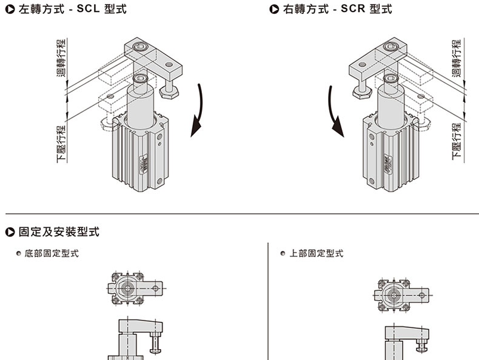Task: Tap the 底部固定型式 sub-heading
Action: coord(52,253)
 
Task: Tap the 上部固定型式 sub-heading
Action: coord(316,253)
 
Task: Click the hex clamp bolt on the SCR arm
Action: coord(362,89)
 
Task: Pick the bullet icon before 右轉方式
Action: coord(275,10)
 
